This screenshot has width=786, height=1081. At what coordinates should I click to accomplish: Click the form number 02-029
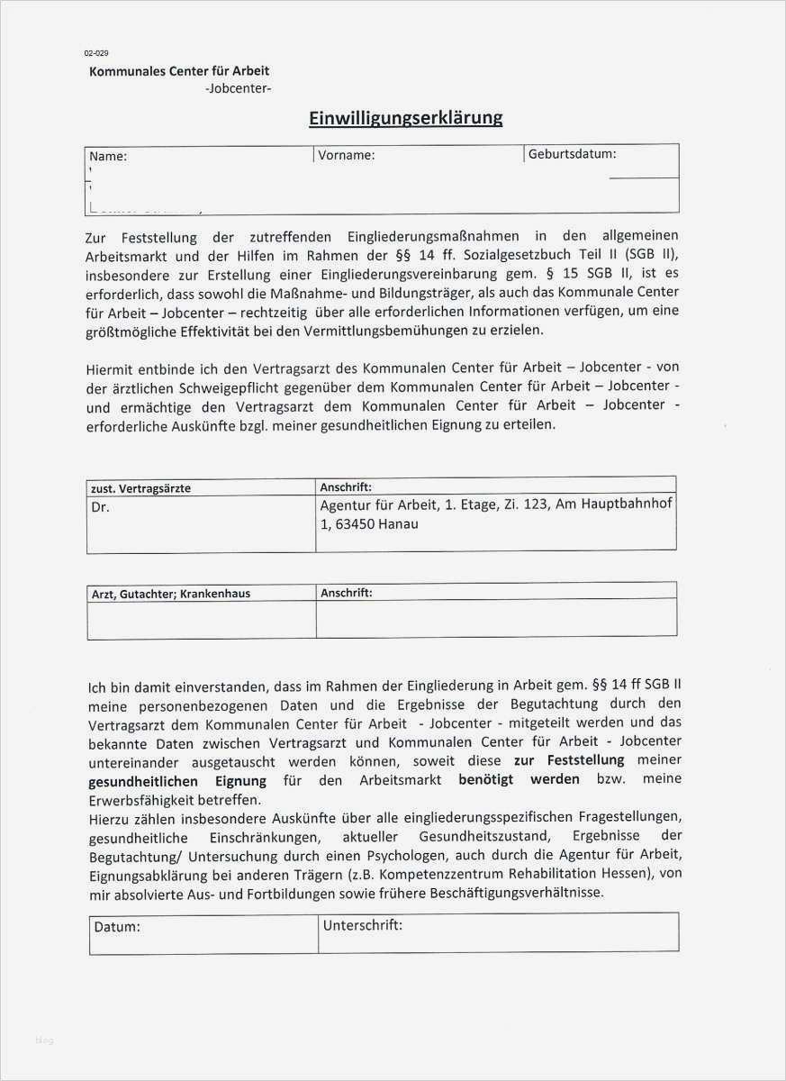click(x=96, y=54)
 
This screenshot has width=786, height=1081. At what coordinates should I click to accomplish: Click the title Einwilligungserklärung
click(x=406, y=118)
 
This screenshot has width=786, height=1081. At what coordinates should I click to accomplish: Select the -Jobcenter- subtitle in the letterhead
click(x=238, y=88)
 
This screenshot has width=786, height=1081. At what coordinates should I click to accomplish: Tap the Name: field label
click(x=108, y=156)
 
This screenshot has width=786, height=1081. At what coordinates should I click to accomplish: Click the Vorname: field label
click(x=346, y=155)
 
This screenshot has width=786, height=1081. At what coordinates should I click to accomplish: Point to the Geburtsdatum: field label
click(x=573, y=153)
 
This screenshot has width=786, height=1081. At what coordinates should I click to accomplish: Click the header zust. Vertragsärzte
click(x=141, y=488)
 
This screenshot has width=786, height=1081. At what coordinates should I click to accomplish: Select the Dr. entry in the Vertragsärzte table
click(x=101, y=507)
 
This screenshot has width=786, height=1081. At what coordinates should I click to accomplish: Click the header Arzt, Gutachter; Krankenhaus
click(x=171, y=594)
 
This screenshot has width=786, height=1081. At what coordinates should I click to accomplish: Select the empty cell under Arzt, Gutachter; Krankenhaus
click(x=201, y=620)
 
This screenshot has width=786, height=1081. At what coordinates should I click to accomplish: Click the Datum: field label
click(x=117, y=925)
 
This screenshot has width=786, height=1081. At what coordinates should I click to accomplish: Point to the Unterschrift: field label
click(x=362, y=924)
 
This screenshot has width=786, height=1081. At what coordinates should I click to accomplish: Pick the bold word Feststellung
click(x=587, y=760)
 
